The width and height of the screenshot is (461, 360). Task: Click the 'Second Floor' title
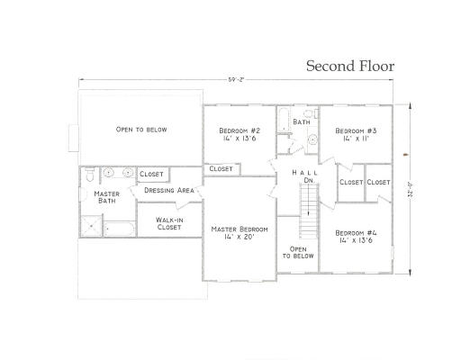[349, 66]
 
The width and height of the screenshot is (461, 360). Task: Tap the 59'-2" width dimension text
[237, 80]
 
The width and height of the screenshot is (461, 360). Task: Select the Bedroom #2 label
[239, 136]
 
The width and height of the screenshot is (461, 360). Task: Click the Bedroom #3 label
[356, 136]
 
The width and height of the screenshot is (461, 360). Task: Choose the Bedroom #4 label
[357, 237]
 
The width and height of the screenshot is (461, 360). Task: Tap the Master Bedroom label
[239, 233]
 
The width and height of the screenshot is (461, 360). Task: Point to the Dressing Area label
[170, 190]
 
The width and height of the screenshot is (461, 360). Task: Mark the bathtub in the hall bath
[282, 121]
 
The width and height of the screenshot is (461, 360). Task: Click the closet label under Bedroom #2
[221, 168]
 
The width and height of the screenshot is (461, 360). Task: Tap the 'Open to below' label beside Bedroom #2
[141, 130]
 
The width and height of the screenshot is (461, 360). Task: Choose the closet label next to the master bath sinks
[151, 174]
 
